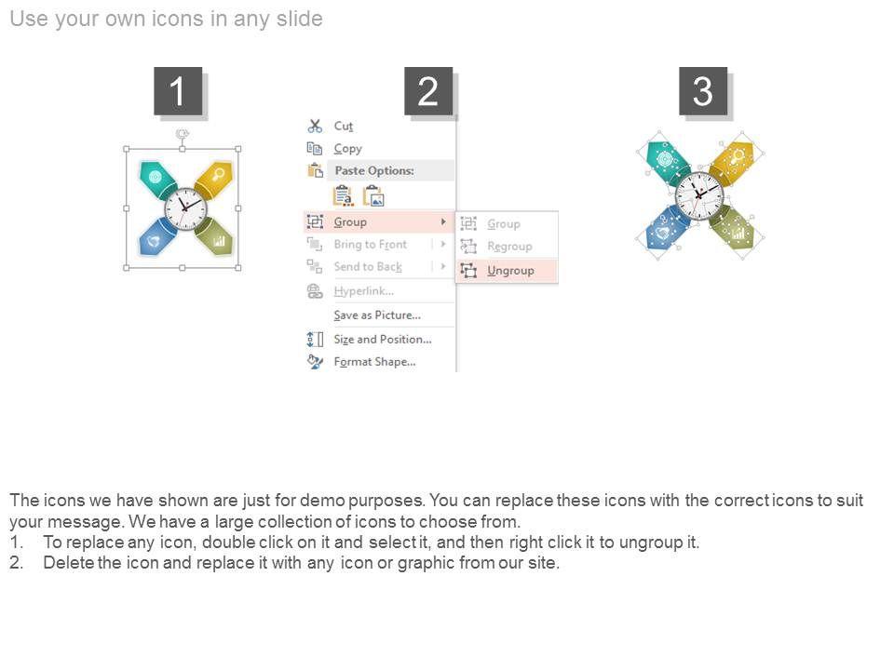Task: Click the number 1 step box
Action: tap(178, 91)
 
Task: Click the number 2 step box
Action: tap(428, 91)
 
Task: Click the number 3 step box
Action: tap(703, 91)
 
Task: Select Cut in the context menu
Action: tap(344, 126)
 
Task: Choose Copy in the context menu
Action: tap(347, 149)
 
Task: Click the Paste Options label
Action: tap(374, 170)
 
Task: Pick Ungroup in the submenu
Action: tap(510, 271)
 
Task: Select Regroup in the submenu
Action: tap(509, 246)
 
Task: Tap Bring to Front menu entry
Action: tap(370, 245)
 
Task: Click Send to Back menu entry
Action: tap(368, 267)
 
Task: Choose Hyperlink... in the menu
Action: tap(364, 291)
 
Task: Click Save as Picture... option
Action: tap(377, 315)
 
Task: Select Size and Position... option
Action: tap(383, 340)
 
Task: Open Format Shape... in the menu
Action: tap(374, 362)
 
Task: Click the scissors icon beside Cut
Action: tap(315, 126)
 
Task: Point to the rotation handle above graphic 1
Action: tap(182, 134)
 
